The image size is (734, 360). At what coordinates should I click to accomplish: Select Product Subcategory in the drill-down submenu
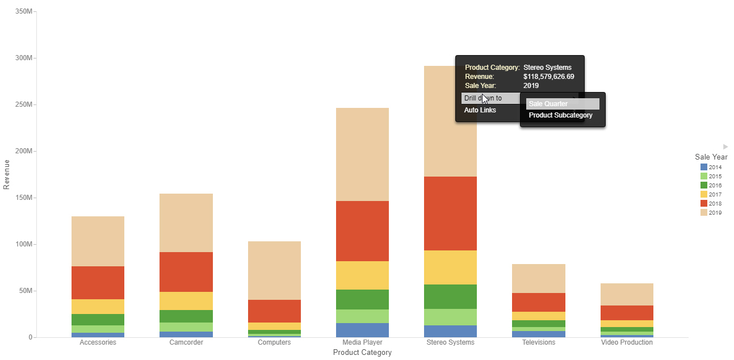point(560,115)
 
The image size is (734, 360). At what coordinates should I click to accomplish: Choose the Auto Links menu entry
point(480,110)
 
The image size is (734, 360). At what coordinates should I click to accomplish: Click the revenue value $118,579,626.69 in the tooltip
point(548,77)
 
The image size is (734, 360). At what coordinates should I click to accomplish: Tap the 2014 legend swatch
point(704,168)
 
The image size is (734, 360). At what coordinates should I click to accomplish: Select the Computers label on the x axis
point(274,342)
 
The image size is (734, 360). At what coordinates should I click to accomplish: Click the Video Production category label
point(627,342)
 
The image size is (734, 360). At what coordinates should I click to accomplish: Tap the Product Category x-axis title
point(362,353)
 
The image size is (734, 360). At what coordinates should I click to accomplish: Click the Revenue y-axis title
point(7,174)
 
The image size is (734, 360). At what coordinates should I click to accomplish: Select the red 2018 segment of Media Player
point(362,231)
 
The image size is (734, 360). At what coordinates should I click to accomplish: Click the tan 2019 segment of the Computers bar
point(274,270)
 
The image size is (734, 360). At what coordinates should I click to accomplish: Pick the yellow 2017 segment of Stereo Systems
point(450,267)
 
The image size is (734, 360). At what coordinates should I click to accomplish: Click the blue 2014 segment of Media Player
point(362,330)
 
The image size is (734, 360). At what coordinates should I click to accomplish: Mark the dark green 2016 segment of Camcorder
point(186,316)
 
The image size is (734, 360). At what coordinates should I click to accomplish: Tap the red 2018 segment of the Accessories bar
point(98,282)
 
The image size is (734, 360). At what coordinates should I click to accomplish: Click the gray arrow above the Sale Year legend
point(725,146)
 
